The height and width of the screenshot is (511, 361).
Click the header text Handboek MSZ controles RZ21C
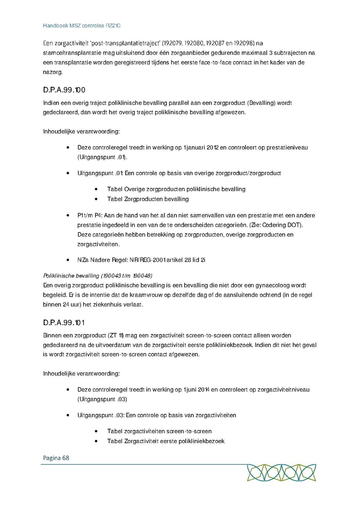(82, 26)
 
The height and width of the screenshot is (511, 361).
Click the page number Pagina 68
(56, 458)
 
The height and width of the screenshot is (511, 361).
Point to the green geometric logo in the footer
(281, 473)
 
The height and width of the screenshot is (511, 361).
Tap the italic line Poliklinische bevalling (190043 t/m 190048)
(97, 276)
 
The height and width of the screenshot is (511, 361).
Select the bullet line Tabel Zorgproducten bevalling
(148, 199)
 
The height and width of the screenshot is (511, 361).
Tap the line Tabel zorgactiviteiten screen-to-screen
(159, 431)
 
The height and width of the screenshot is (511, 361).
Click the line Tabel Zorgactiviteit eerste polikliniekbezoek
(165, 441)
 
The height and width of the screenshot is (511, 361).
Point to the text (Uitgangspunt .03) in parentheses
(102, 399)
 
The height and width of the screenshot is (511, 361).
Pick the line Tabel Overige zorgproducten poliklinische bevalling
(176, 189)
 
